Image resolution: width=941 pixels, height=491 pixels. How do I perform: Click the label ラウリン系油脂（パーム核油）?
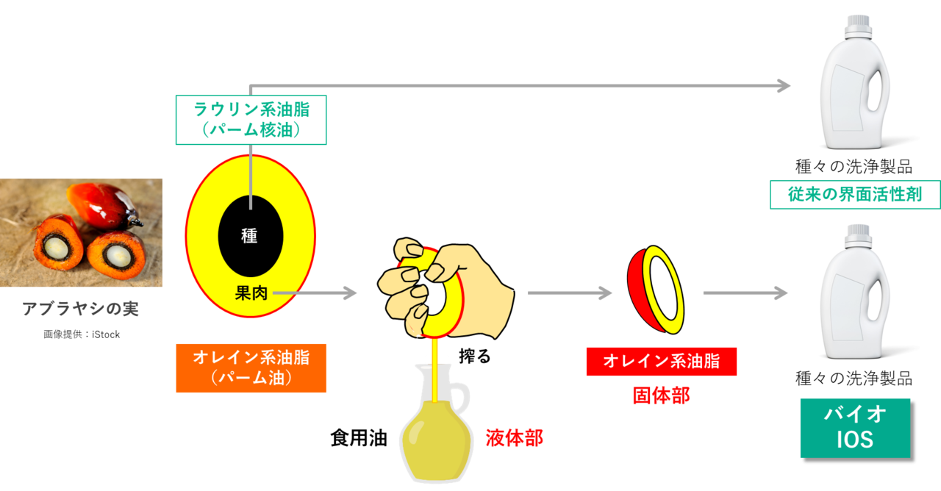251,120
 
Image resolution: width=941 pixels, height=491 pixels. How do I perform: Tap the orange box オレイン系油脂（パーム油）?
251,368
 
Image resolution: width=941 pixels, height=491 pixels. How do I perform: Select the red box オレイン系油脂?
661,361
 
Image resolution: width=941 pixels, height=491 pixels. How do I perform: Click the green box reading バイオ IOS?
854,427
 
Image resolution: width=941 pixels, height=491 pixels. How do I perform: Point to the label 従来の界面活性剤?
855,195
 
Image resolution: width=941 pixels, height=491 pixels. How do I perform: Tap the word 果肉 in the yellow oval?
251,293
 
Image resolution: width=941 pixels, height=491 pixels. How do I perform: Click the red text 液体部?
514,438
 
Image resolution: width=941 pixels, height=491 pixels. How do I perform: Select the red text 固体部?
661,395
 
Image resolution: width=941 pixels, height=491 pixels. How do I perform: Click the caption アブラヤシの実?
80,308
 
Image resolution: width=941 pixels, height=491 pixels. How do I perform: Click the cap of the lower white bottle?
856,234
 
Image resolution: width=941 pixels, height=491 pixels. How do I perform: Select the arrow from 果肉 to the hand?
316,293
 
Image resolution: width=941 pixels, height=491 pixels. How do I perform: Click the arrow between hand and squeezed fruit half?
570,293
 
